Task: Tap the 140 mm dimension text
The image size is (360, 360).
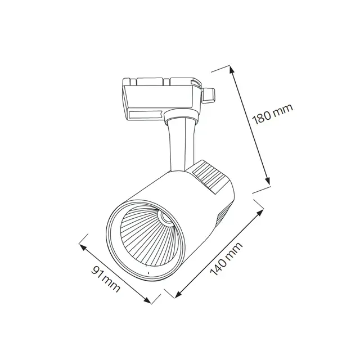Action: (x=226, y=259)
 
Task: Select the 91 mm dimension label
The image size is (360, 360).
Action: (x=106, y=279)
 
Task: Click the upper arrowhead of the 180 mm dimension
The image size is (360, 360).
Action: (x=232, y=70)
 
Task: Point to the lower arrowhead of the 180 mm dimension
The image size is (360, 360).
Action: (x=267, y=181)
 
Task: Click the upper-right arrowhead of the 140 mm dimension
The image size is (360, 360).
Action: (x=260, y=212)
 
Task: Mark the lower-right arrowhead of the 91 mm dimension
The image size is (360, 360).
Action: (x=147, y=300)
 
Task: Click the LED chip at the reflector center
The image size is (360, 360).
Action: (x=166, y=218)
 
